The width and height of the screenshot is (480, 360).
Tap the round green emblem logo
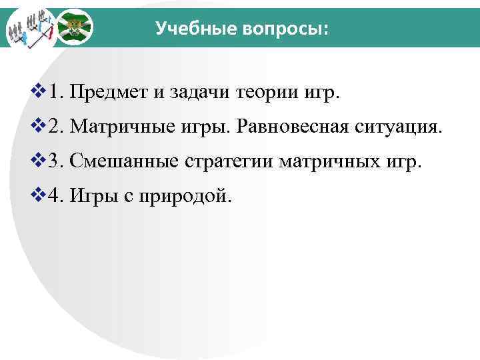click(x=73, y=28)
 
